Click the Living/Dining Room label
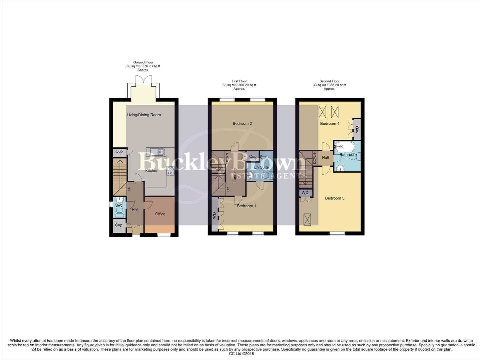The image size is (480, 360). coord(144,115)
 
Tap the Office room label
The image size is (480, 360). coord(160,214)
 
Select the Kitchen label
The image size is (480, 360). coord(152,171)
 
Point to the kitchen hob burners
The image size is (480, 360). coord(170,171)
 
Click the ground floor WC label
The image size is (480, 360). coord(119,206)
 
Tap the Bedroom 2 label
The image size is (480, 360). coord(242,124)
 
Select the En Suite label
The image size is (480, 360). coord(261,167)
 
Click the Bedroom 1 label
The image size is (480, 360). coord(246,206)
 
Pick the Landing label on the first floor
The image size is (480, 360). coord(235,175)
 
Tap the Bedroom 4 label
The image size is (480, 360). coord(330,124)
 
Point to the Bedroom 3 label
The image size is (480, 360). coord(335,198)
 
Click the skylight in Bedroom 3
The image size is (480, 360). coord(307,219)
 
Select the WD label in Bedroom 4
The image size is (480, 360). coord(357,129)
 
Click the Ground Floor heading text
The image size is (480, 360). coord(143,62)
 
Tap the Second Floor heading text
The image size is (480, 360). coord(329,81)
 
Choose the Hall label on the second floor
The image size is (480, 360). coord(325,158)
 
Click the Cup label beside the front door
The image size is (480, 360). coord(119,225)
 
